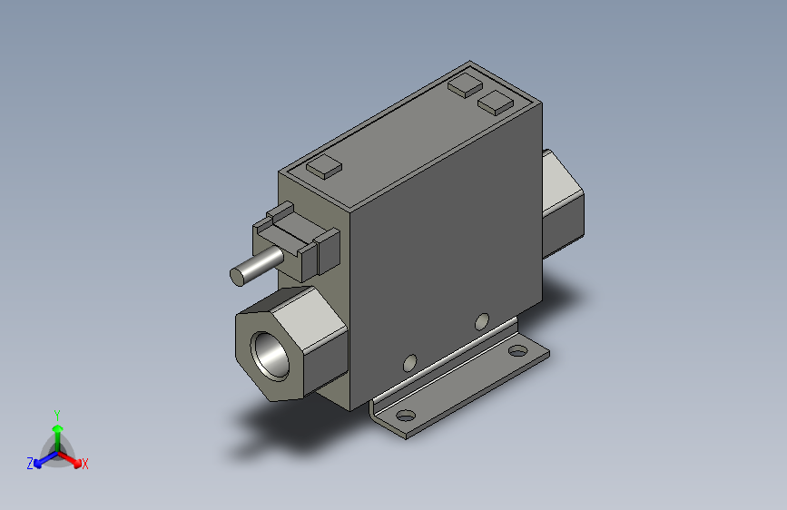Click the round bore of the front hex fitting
pyautogui.click(x=271, y=352)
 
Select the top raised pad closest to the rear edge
pyautogui.click(x=465, y=85)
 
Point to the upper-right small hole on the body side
pyautogui.click(x=483, y=320)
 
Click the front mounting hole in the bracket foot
pyautogui.click(x=404, y=417)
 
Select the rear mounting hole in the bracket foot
pyautogui.click(x=516, y=351)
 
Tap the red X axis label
pyautogui.click(x=85, y=464)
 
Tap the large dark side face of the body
pyautogui.click(x=445, y=245)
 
